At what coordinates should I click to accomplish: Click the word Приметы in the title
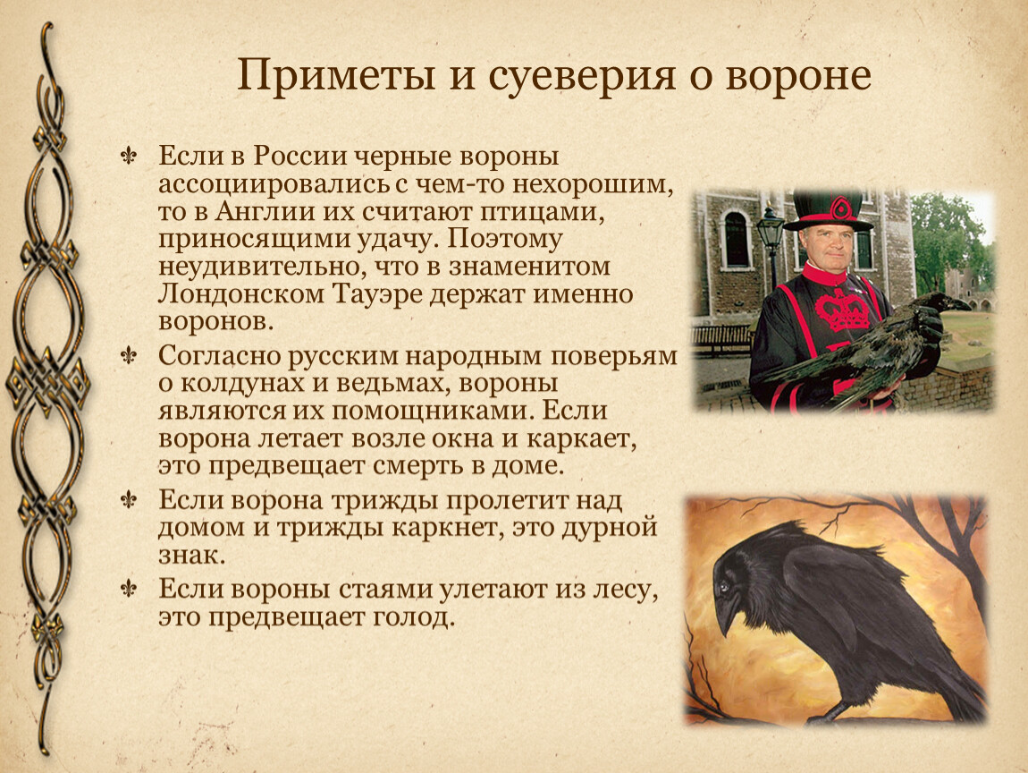click(336, 75)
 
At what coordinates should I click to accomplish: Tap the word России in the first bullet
click(300, 157)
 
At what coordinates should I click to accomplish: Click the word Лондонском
click(241, 294)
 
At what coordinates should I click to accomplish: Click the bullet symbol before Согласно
click(129, 356)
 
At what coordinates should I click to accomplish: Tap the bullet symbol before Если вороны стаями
click(129, 590)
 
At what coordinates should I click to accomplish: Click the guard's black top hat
click(829, 208)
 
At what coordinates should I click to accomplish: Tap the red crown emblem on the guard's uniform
click(842, 310)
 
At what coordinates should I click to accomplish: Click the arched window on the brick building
click(736, 239)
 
